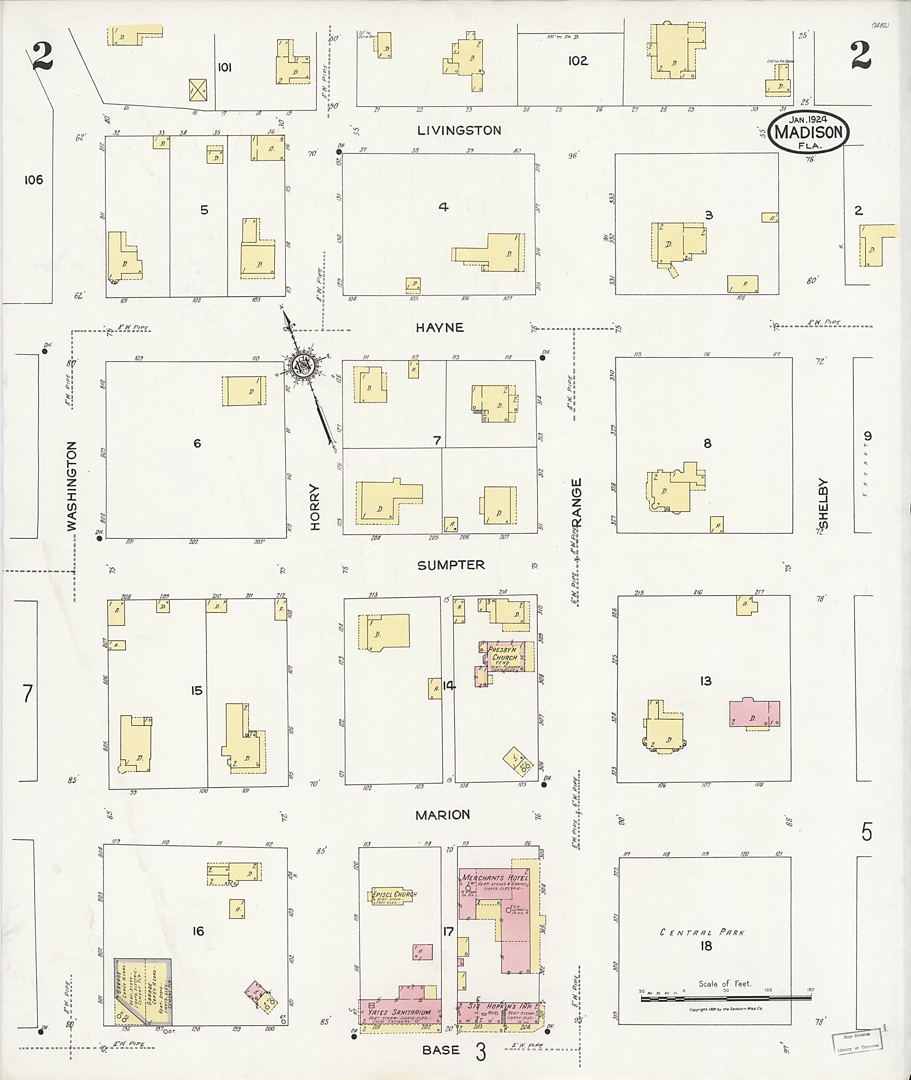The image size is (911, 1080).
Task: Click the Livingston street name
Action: point(459,130)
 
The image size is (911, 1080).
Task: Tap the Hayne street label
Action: point(439,328)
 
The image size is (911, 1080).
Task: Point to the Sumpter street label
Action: point(451,565)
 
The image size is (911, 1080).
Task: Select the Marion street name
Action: point(443,815)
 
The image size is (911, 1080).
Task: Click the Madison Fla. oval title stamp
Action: point(808,132)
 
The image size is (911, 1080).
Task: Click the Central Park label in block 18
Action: point(702,932)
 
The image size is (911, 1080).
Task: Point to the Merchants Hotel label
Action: point(495,878)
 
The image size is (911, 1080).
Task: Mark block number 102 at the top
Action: point(577,61)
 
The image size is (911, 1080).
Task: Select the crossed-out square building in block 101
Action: point(198,90)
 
